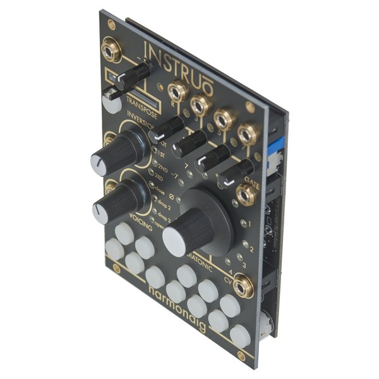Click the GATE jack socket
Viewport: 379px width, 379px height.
[244, 195]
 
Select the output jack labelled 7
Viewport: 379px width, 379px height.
[246, 134]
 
